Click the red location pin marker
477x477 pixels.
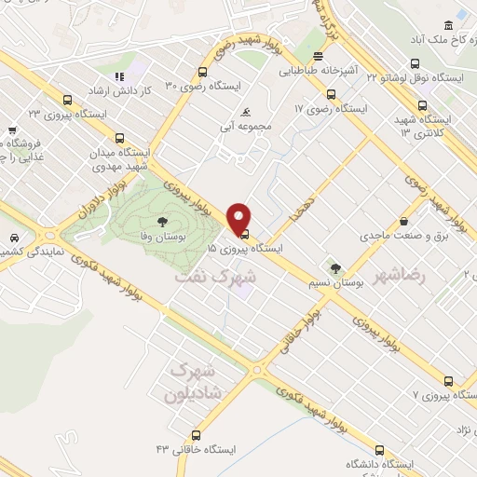click(239, 218)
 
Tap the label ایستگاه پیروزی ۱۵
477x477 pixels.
click(244, 249)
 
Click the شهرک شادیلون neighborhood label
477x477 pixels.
click(192, 379)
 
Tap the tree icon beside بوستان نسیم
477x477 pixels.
click(335, 242)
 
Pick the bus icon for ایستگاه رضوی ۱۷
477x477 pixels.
click(331, 93)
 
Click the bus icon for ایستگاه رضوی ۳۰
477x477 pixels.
click(202, 72)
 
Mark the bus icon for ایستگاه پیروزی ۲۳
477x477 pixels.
click(66, 99)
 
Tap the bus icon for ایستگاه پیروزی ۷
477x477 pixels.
click(447, 381)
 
